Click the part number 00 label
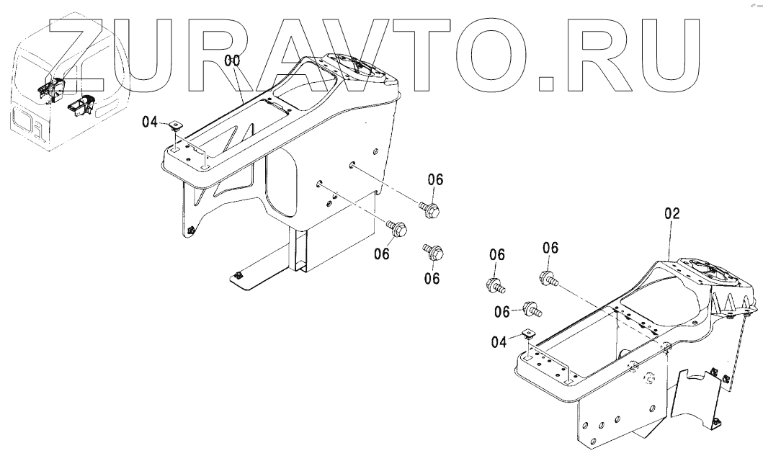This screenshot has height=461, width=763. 232,62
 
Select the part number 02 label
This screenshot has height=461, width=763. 672,214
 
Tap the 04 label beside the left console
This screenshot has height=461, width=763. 149,122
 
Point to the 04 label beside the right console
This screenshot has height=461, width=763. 499,343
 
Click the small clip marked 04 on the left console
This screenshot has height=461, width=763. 177,126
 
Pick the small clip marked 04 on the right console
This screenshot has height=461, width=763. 527,334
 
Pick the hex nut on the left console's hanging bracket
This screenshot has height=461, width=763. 190,230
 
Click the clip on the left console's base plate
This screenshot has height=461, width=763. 239,274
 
